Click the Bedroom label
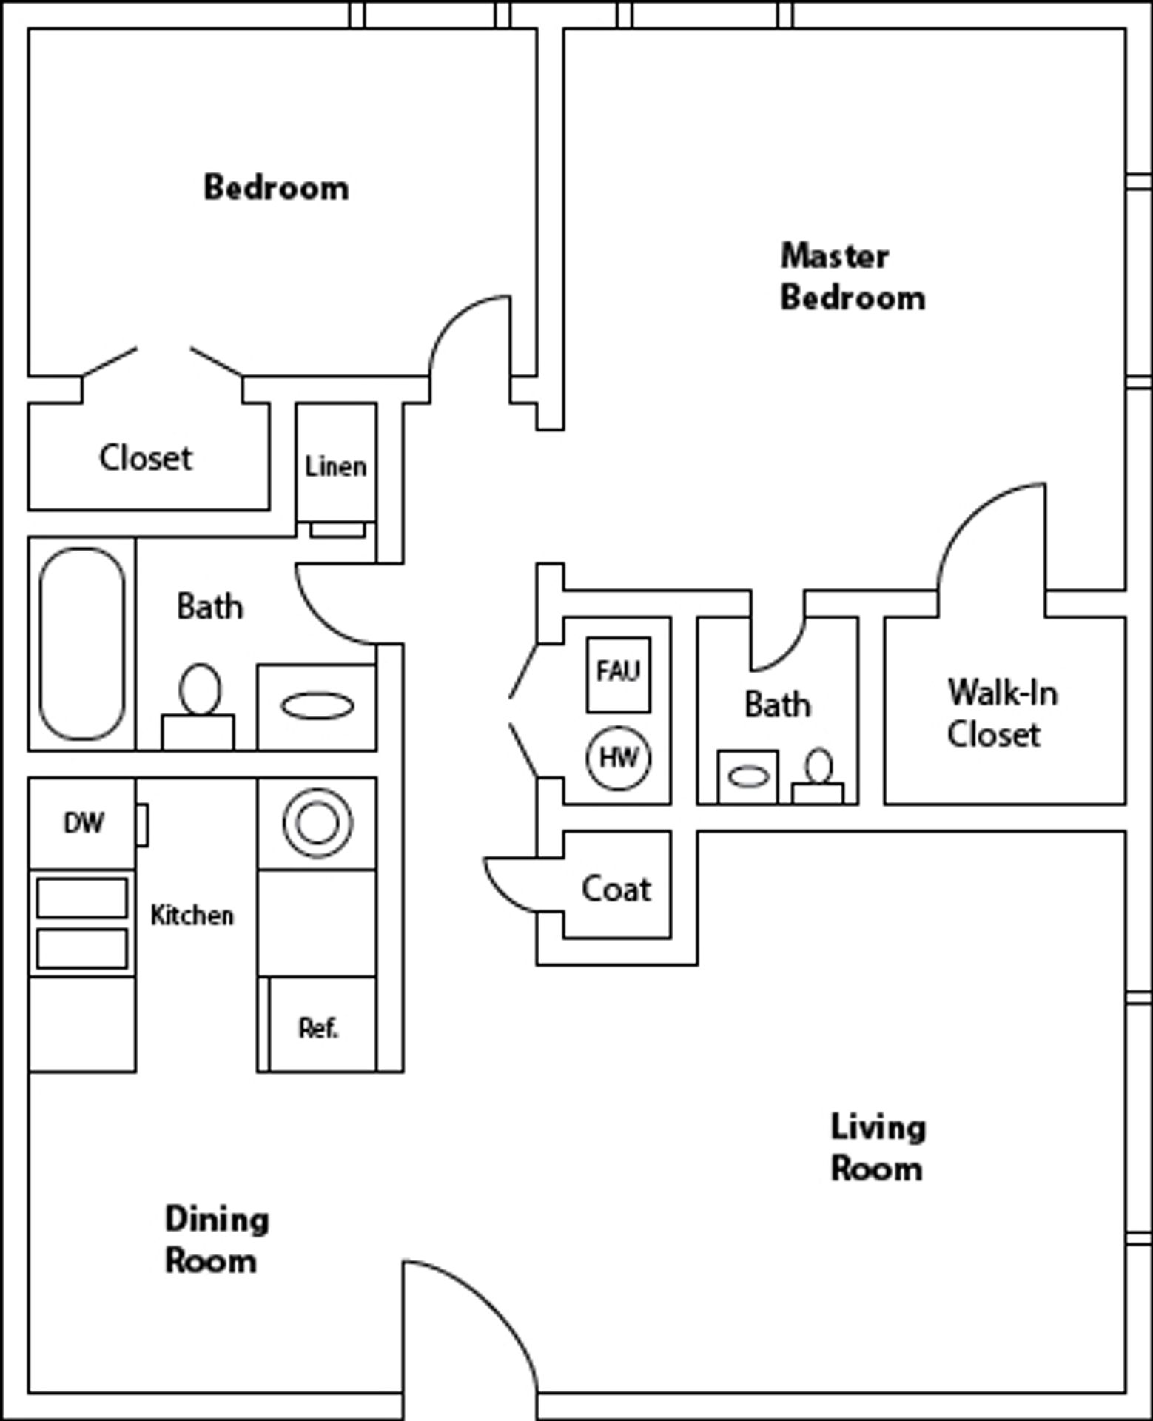(x=276, y=188)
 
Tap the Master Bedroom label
(x=852, y=277)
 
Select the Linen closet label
(x=335, y=467)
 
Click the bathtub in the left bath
(x=81, y=643)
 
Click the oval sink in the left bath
(x=317, y=705)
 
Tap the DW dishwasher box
(x=83, y=823)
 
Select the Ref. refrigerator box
(x=319, y=1027)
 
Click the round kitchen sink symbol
(x=317, y=823)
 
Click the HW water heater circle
(x=619, y=758)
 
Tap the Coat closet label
(x=616, y=889)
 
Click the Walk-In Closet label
(x=1002, y=713)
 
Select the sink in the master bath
(x=748, y=777)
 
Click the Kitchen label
(x=192, y=916)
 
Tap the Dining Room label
(x=215, y=1240)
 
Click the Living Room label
(x=878, y=1148)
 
